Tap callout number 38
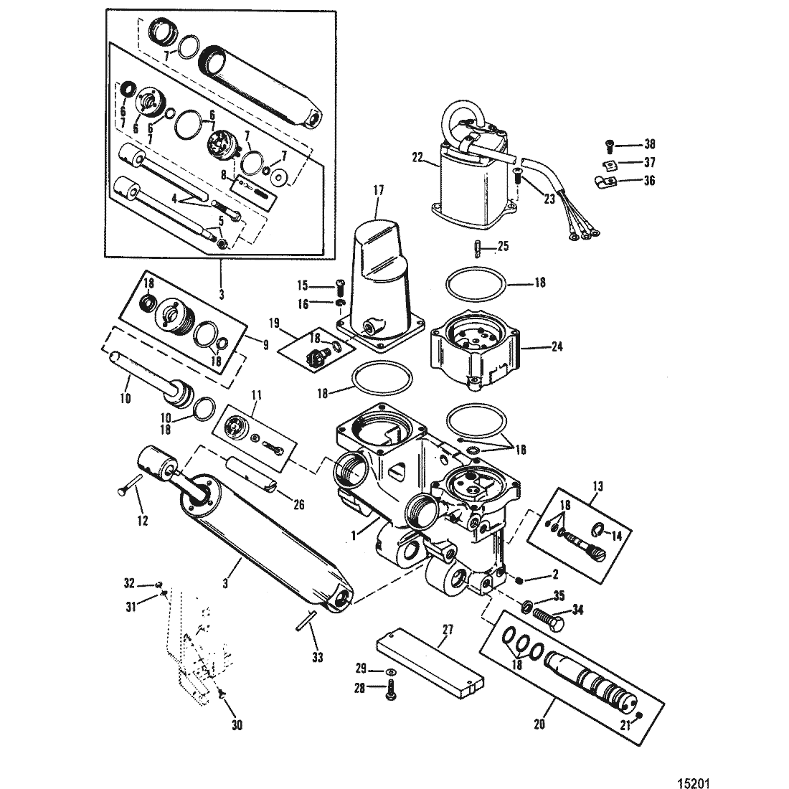coord(650,144)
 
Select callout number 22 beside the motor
coord(418,158)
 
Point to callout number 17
coord(379,190)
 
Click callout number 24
coord(557,346)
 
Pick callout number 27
coord(448,630)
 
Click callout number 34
coord(577,610)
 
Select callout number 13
coord(597,486)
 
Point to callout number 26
coord(299,504)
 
